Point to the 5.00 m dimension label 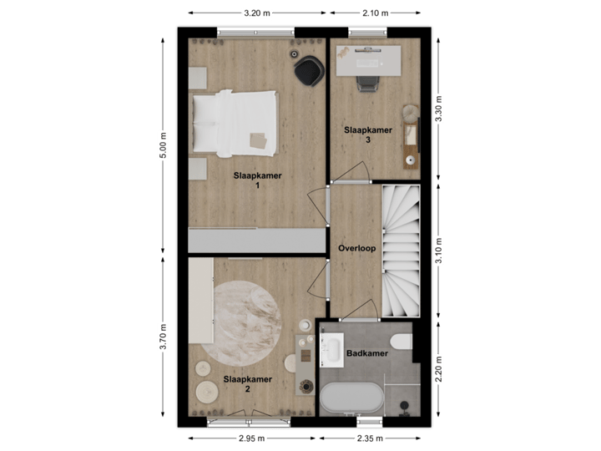click(x=164, y=145)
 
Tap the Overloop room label click(x=356, y=249)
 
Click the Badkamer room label click(x=367, y=354)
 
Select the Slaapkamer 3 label click(x=367, y=134)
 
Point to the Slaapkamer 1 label click(x=257, y=180)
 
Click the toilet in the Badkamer click(x=402, y=342)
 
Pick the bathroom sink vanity click(x=331, y=352)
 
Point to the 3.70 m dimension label click(x=164, y=337)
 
